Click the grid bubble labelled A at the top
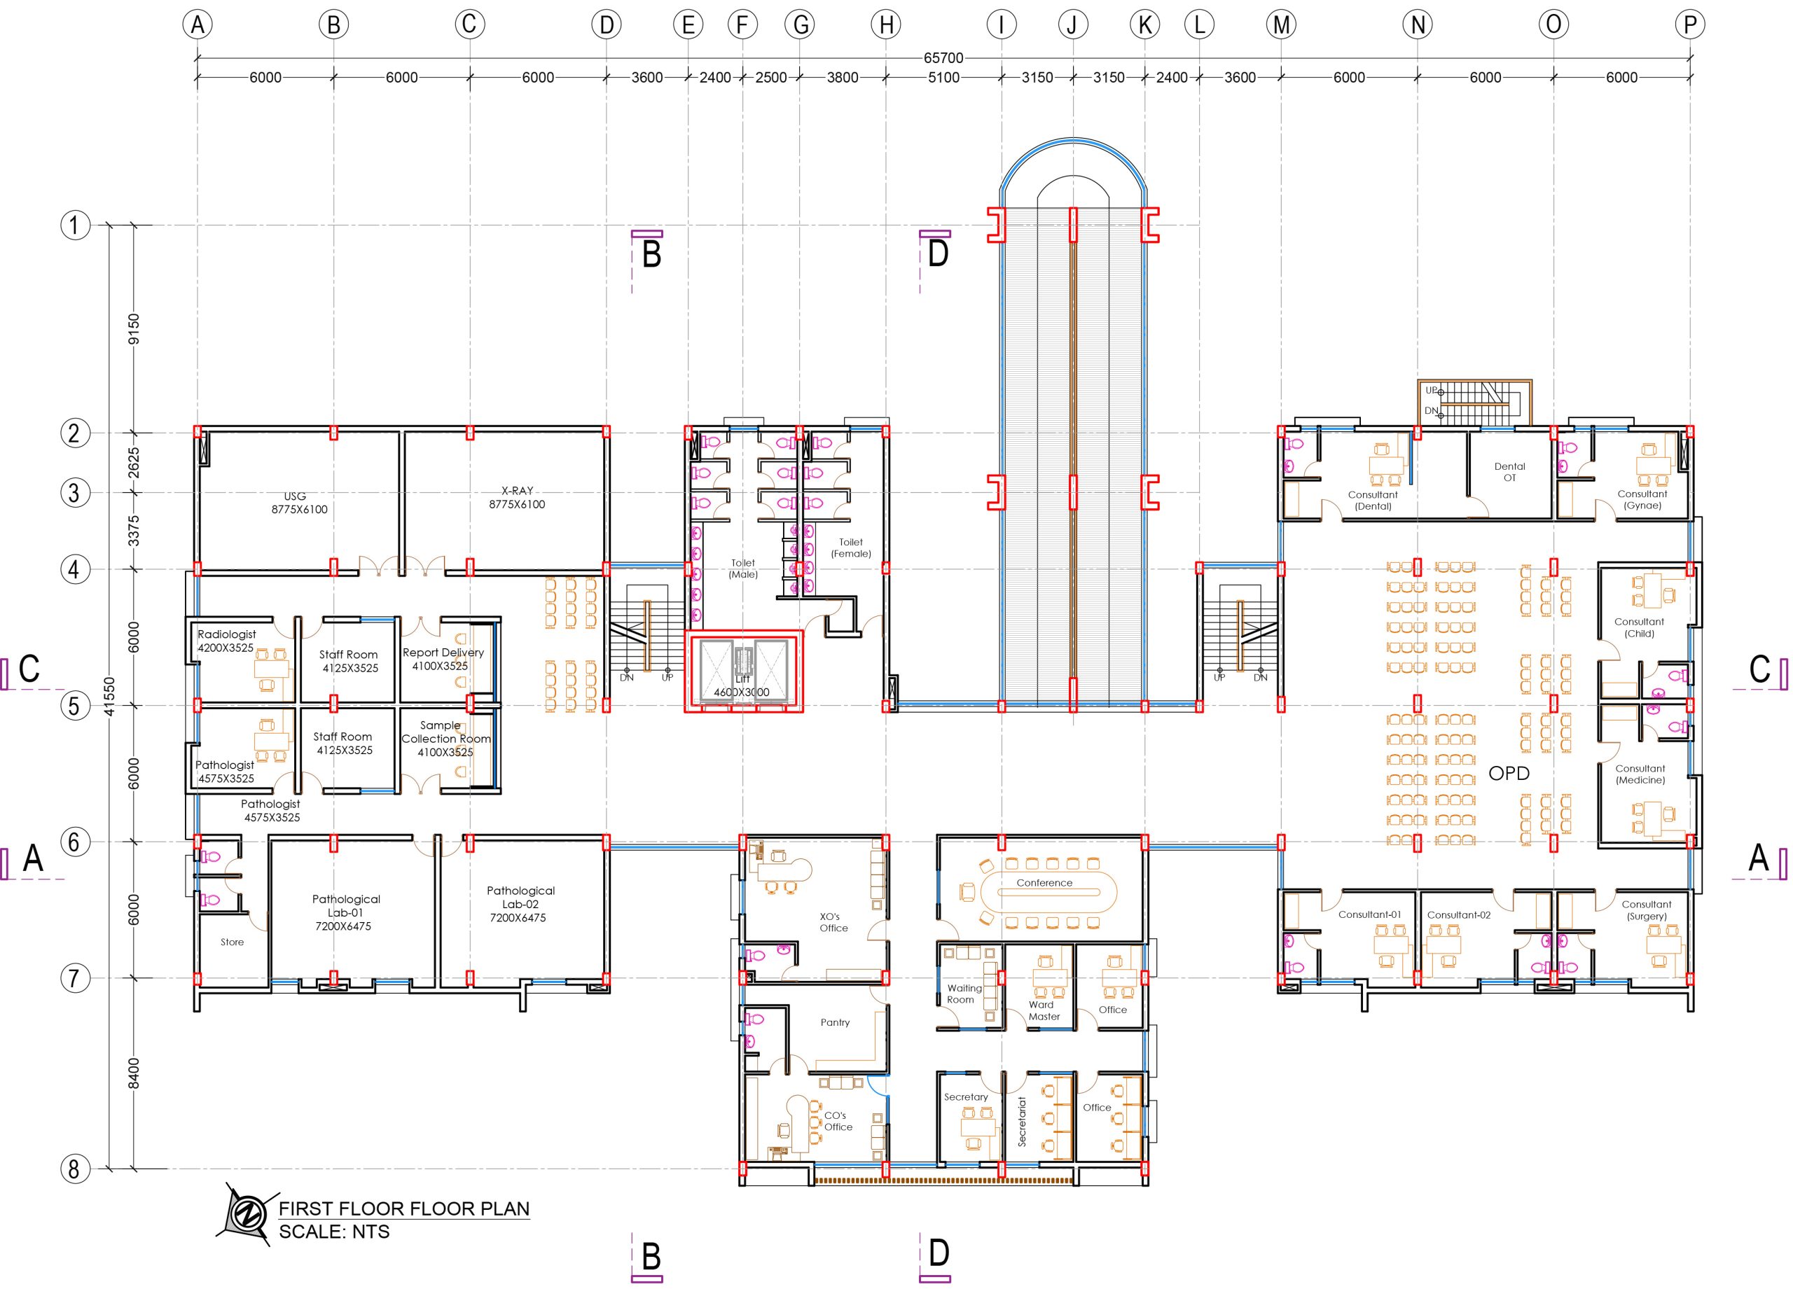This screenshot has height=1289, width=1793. point(198,25)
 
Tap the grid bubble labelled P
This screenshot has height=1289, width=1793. point(1690,25)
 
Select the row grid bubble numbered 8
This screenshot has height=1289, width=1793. point(75,1169)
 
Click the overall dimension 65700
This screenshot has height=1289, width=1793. point(943,57)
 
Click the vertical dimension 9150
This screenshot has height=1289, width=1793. point(134,329)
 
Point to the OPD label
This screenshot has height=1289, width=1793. point(1509,773)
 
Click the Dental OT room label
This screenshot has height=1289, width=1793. point(1510,472)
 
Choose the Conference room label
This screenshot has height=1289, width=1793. point(1044,883)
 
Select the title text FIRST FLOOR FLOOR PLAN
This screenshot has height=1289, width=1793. point(404,1208)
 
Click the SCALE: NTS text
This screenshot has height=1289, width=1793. point(334,1232)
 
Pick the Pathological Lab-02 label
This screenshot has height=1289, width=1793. point(520,903)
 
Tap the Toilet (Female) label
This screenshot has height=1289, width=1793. point(851,548)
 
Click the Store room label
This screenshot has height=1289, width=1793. point(232,942)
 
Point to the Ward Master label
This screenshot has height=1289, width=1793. point(1044,1011)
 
